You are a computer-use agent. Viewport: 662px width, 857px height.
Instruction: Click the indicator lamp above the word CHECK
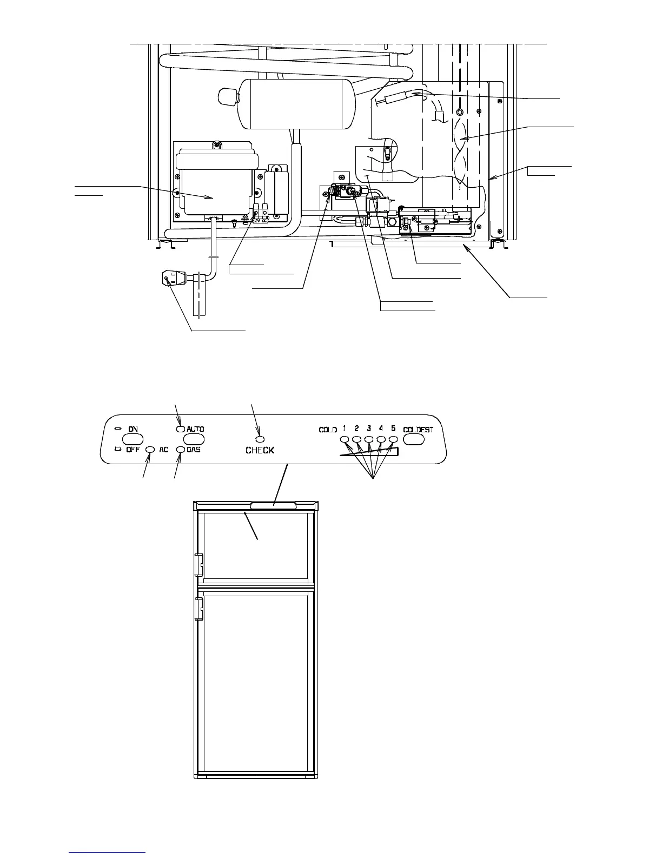260,439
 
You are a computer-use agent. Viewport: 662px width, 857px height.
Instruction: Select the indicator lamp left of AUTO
181,429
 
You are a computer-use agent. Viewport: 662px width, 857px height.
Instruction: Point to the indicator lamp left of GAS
181,450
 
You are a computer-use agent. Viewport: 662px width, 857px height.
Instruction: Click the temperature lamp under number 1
345,439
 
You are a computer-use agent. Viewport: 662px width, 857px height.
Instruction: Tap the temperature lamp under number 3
369,439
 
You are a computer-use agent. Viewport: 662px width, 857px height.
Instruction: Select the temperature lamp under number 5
393,439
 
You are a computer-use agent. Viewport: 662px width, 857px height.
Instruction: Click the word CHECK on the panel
260,450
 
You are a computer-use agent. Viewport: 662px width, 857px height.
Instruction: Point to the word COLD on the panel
328,430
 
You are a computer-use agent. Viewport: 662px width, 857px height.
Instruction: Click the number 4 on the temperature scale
381,428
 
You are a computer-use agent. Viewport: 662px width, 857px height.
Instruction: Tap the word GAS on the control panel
194,450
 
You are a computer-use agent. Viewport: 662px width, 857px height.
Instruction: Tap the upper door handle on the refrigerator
198,564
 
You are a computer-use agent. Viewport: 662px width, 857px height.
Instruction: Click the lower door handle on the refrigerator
198,608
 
